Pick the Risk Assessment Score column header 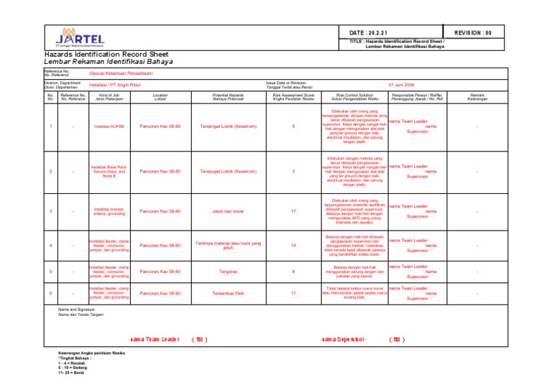[293, 96]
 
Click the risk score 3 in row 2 [293, 172]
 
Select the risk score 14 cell [293, 246]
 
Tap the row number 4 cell [50, 246]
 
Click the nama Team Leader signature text [155, 340]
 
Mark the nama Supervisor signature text [343, 340]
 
